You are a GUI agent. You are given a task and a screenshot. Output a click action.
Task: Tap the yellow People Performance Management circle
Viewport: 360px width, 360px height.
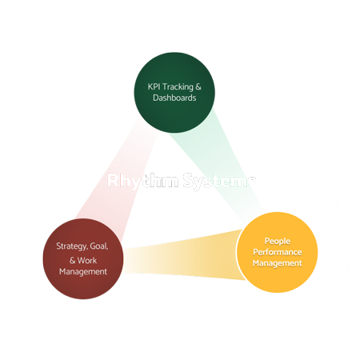coord(273,250)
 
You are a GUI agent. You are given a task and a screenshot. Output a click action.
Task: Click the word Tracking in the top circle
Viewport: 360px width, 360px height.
coord(174,84)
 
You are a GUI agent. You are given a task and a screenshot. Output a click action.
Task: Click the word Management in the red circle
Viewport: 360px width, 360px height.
coord(82,271)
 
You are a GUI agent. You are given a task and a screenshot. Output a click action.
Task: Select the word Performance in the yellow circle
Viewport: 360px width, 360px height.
coord(273,251)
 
